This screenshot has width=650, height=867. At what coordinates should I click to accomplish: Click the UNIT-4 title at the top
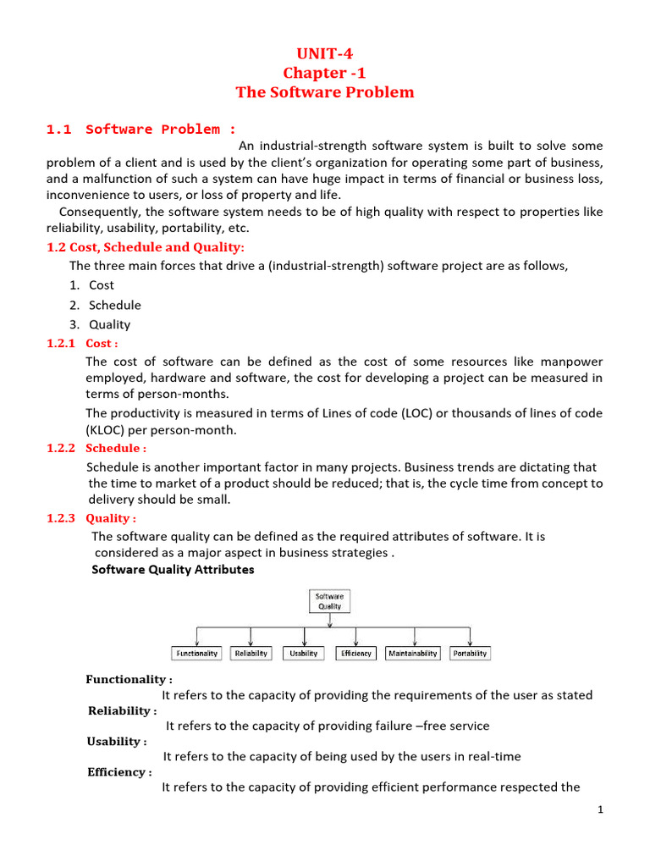(325, 55)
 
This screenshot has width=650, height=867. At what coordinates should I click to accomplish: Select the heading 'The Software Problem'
(325, 92)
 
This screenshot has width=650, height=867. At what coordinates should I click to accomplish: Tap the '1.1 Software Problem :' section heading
(141, 130)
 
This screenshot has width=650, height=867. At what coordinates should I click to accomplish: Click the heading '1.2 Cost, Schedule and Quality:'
(145, 247)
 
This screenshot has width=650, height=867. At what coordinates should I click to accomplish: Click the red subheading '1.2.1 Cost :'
(82, 344)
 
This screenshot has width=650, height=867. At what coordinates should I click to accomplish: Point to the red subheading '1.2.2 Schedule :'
(96, 448)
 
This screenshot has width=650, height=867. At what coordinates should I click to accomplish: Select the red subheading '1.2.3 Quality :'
(91, 518)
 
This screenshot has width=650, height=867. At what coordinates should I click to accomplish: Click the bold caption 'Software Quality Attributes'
(173, 570)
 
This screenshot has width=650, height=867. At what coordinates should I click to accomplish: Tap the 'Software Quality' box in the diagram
(329, 601)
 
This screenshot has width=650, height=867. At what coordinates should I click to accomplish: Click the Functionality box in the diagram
(197, 654)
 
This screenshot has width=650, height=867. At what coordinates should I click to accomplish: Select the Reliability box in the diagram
(251, 654)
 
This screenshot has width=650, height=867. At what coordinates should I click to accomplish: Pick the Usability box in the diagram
(303, 654)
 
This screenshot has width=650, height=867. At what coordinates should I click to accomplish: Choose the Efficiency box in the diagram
(356, 654)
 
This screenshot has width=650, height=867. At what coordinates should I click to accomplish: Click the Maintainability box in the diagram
(413, 654)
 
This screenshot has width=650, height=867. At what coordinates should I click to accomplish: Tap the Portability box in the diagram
(470, 654)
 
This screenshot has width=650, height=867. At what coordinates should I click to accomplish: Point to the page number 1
(599, 810)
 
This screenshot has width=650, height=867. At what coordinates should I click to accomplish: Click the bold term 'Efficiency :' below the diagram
(120, 772)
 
